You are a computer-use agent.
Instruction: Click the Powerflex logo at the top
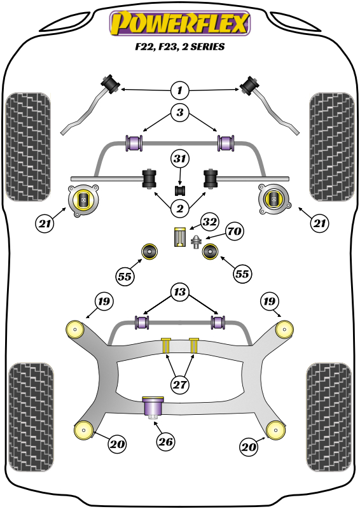tap(180, 25)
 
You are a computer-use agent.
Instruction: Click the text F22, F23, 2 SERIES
tap(180, 47)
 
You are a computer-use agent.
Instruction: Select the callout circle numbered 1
tap(180, 90)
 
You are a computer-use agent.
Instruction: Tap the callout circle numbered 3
tap(180, 114)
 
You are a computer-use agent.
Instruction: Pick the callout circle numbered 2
tap(180, 207)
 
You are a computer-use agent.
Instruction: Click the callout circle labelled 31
tap(180, 158)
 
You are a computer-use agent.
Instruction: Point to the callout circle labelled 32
tap(210, 222)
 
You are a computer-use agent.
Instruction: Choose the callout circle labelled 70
tap(234, 231)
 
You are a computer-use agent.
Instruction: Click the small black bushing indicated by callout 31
tap(180, 190)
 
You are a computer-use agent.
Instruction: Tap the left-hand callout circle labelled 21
tap(45, 223)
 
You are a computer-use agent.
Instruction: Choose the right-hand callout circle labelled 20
tap(249, 448)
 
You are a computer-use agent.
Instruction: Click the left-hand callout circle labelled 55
tap(125, 275)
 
